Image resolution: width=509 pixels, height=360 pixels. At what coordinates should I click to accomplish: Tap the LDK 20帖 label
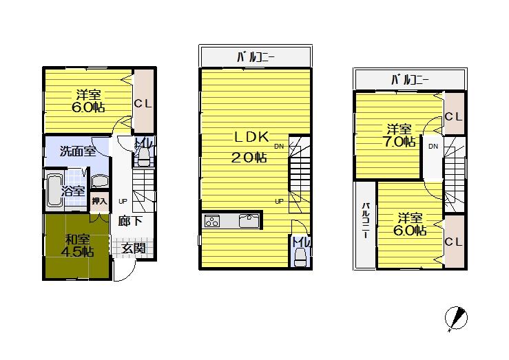pyautogui.click(x=250, y=147)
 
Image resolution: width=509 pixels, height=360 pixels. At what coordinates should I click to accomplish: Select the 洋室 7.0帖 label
pyautogui.click(x=399, y=136)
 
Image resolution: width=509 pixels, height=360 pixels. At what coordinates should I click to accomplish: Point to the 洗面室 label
pyautogui.click(x=76, y=151)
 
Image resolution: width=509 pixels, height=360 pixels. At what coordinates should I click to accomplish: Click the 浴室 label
pyautogui.click(x=74, y=191)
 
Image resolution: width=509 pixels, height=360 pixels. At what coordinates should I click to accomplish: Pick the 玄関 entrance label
pyautogui.click(x=134, y=248)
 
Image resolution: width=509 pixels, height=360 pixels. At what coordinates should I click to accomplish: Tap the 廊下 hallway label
pyautogui.click(x=130, y=221)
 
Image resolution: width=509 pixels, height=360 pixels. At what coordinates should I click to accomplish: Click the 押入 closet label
pyautogui.click(x=99, y=201)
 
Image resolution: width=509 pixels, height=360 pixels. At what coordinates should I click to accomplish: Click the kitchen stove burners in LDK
pyautogui.click(x=212, y=221)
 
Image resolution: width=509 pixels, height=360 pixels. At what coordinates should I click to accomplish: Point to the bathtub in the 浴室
pyautogui.click(x=54, y=193)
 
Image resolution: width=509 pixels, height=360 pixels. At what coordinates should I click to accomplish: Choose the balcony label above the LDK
pyautogui.click(x=255, y=56)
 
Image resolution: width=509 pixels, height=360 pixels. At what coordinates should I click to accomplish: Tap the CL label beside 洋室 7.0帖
pyautogui.click(x=453, y=116)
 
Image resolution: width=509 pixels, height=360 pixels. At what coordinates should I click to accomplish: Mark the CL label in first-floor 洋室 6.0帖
pyautogui.click(x=143, y=104)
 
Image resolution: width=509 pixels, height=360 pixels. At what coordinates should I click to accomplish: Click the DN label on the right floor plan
pyautogui.click(x=433, y=147)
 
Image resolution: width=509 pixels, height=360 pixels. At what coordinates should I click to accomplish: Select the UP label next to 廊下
pyautogui.click(x=123, y=201)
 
